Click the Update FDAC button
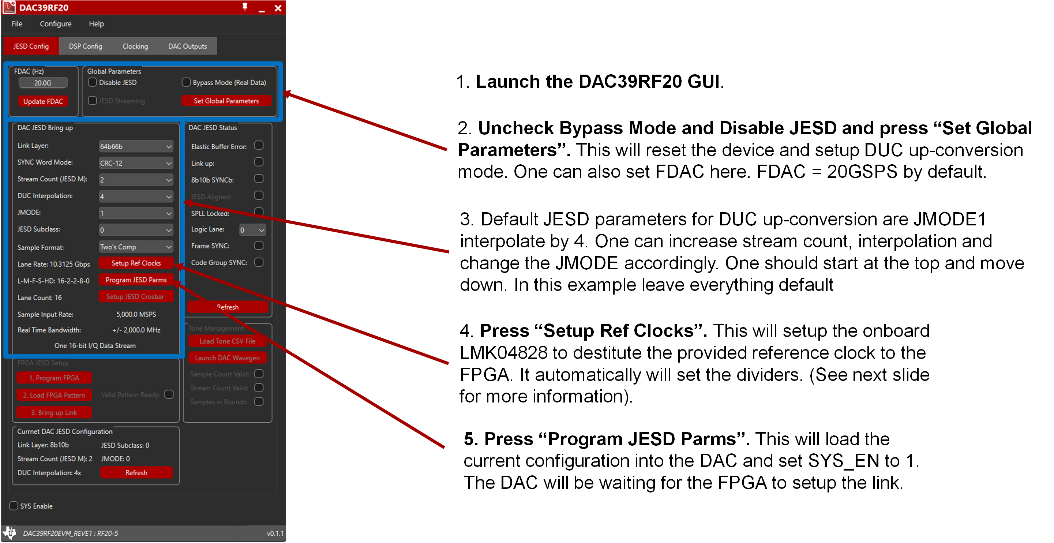43,101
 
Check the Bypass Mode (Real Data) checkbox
186,82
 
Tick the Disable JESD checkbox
93,82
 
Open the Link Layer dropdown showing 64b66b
136,146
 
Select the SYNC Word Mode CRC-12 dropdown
136,163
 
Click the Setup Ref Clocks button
136,263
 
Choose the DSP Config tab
85,46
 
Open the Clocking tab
135,46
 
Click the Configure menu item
55,24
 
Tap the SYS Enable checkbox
14,506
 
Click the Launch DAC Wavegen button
227,357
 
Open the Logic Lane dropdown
252,230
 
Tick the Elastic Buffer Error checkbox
259,146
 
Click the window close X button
278,8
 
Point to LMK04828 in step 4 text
503,353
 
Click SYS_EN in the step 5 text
843,461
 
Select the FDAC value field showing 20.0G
43,83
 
